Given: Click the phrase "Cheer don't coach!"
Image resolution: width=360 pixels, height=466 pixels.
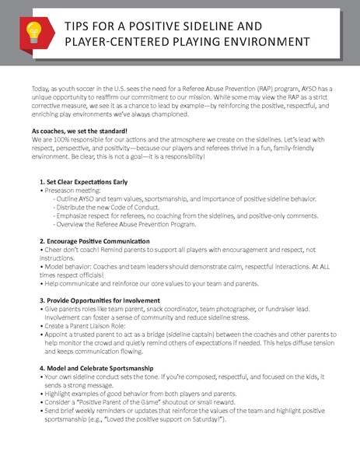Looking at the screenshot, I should click(76, 251).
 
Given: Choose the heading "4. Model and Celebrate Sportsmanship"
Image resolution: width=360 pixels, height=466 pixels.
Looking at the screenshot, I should click(101, 368).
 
